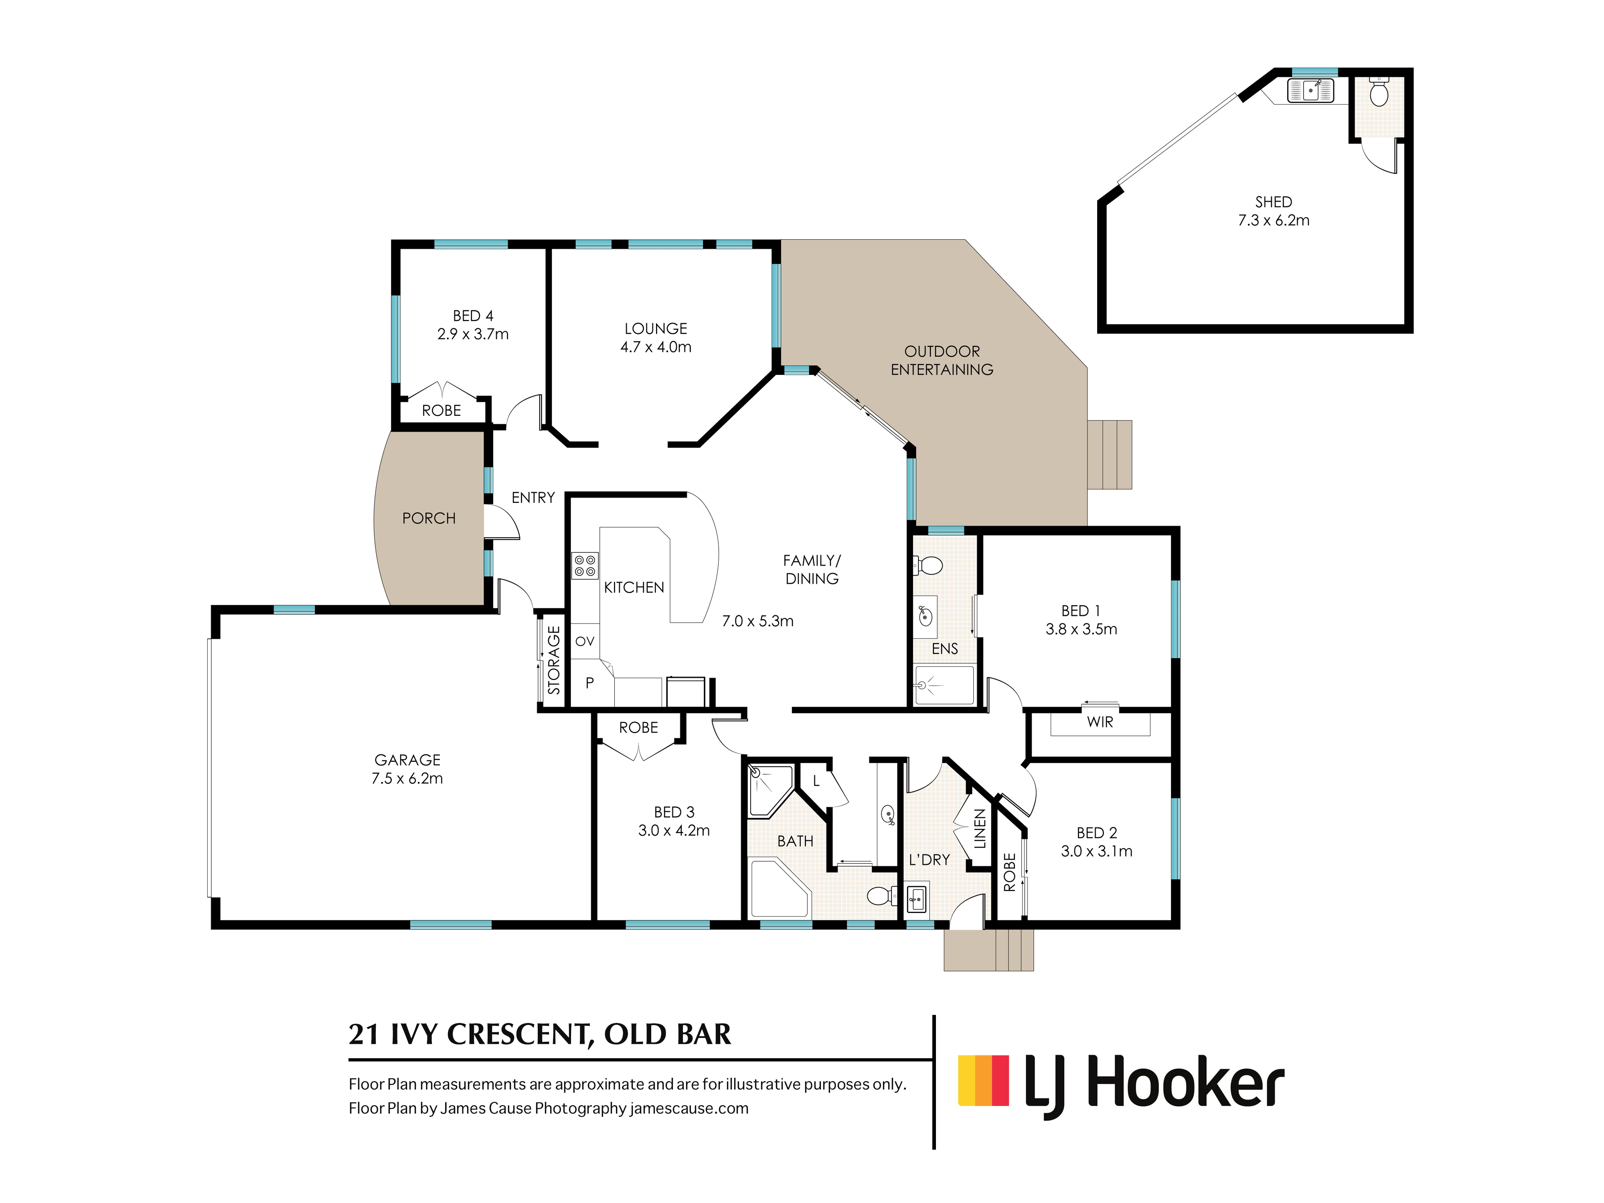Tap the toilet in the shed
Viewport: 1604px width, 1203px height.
(1379, 91)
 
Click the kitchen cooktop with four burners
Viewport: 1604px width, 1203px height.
(585, 565)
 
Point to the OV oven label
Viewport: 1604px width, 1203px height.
(585, 641)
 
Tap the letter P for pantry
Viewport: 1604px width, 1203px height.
(589, 683)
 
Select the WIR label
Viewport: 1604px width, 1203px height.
(1100, 722)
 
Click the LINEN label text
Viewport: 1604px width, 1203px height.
(980, 828)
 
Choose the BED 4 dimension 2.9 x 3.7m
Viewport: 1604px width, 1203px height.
(473, 334)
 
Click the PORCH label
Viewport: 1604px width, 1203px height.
(429, 518)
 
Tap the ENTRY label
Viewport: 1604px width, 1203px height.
(533, 498)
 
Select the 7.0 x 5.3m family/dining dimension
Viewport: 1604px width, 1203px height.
(758, 622)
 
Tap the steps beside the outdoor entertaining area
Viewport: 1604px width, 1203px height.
(1110, 455)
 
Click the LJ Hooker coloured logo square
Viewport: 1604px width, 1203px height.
(983, 1080)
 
